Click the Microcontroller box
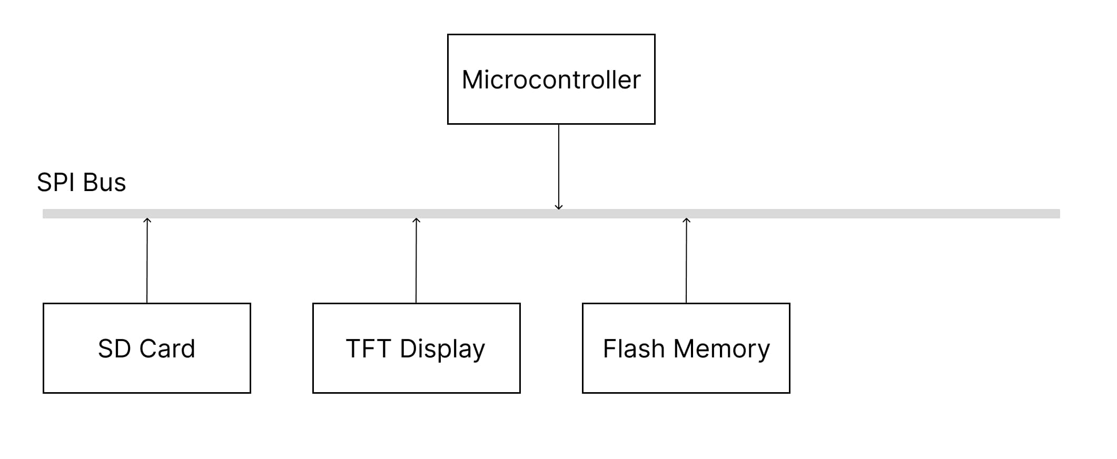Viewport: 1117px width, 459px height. click(x=551, y=79)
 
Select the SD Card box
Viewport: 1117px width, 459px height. click(x=146, y=348)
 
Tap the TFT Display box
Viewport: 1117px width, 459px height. click(x=416, y=348)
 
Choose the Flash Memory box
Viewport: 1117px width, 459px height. click(x=686, y=348)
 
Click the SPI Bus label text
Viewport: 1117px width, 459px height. click(x=81, y=183)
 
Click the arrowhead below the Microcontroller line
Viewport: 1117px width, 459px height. click(x=559, y=207)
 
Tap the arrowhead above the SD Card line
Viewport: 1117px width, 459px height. click(x=147, y=220)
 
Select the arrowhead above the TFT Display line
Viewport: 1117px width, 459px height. click(x=416, y=220)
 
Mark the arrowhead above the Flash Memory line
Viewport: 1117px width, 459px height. click(x=686, y=220)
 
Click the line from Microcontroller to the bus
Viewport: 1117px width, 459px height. click(x=559, y=163)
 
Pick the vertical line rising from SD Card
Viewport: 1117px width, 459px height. click(x=147, y=263)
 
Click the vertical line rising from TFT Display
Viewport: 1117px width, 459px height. click(x=416, y=263)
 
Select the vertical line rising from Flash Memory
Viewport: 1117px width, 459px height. click(x=686, y=263)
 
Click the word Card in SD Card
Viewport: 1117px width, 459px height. click(x=167, y=348)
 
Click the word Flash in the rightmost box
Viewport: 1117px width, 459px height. click(x=634, y=348)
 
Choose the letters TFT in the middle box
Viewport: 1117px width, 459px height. click(x=368, y=348)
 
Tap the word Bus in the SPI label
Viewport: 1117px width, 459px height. click(x=104, y=183)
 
